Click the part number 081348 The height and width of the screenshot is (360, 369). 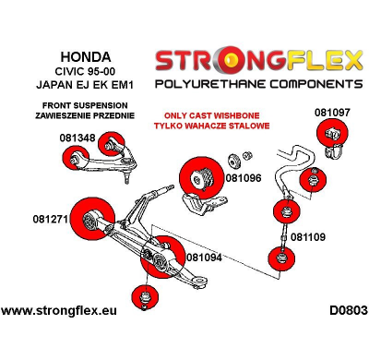tap(76, 138)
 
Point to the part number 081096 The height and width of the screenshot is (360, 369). tap(243, 178)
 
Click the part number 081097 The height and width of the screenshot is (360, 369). tap(332, 112)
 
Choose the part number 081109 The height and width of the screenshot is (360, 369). tap(308, 236)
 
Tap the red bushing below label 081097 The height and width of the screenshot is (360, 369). tap(332, 136)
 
